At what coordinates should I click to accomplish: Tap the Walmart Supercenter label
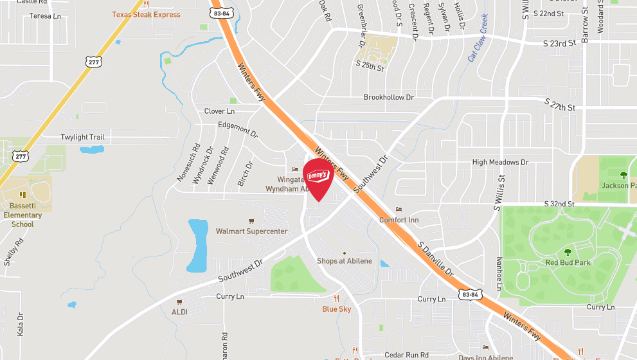251,231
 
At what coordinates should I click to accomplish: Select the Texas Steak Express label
146,14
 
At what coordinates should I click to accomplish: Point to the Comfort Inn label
399,219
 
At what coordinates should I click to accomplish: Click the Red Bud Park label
568,262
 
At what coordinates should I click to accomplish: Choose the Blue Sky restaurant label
337,309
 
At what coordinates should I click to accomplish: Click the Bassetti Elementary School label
22,215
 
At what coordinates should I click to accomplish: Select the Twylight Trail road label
82,138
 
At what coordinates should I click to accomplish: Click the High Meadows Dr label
499,163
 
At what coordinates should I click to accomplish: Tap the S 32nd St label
559,204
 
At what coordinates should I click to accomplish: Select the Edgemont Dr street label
237,130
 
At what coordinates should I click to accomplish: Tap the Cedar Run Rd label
406,355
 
